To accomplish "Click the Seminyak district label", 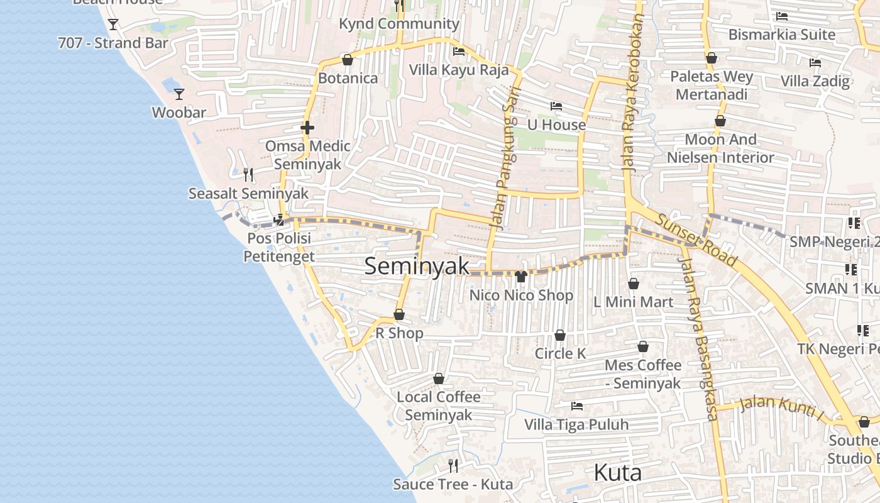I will click(x=417, y=266).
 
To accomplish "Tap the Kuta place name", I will click(x=617, y=472).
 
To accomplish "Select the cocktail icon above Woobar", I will click(x=179, y=94).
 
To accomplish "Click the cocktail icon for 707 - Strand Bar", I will click(x=113, y=25).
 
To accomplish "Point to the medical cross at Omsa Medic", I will click(x=307, y=128).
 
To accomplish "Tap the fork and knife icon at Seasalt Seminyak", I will click(x=248, y=174).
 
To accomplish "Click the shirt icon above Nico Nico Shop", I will click(x=520, y=276).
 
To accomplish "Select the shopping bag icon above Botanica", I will click(x=347, y=60).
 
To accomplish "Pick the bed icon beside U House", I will click(x=556, y=106).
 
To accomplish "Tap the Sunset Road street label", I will click(x=696, y=239).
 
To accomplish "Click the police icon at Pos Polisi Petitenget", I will click(x=278, y=219).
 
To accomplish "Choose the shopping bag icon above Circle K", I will click(x=559, y=335).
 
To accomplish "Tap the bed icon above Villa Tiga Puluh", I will click(x=576, y=406).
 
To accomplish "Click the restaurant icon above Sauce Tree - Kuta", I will click(x=453, y=465).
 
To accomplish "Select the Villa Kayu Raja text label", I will click(x=459, y=69).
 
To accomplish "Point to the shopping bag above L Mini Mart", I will click(x=634, y=284).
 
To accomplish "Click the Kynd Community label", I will click(x=399, y=24).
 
